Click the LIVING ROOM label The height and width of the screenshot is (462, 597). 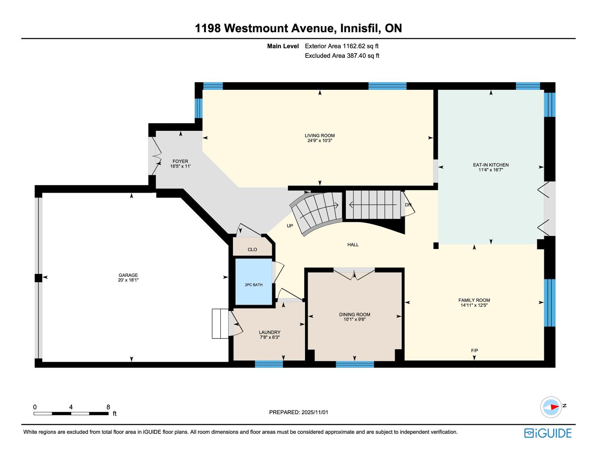click(319, 136)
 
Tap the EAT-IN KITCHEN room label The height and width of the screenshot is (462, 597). click(490, 165)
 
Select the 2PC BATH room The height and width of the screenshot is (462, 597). click(253, 285)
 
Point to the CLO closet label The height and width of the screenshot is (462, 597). click(252, 250)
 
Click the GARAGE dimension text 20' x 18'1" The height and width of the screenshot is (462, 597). click(128, 280)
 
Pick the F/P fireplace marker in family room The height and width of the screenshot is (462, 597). click(474, 351)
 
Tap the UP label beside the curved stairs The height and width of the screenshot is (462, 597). click(290, 226)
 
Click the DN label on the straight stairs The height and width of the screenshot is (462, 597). click(408, 205)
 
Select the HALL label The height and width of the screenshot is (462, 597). click(353, 244)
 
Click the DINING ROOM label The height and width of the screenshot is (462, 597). click(354, 315)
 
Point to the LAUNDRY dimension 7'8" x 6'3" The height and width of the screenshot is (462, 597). click(270, 337)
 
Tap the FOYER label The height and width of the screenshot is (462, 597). click(180, 161)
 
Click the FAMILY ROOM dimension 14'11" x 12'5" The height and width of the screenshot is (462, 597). click(474, 305)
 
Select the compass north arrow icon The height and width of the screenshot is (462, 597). click(551, 407)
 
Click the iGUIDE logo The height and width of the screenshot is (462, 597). click(548, 433)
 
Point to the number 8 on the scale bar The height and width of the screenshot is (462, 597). click(108, 407)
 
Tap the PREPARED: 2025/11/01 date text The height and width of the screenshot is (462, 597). click(298, 412)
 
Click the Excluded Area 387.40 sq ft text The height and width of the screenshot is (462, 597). click(342, 56)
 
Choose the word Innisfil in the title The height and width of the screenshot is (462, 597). click(359, 28)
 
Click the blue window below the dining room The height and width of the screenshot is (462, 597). click(355, 365)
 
